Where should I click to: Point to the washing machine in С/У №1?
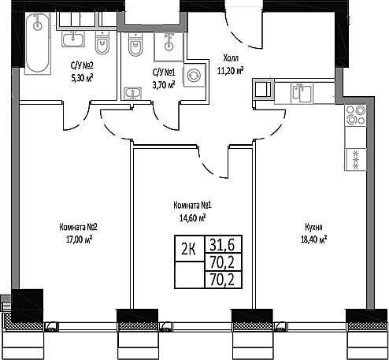point(193,76)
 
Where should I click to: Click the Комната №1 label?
point(191,206)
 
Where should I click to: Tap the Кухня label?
point(313,228)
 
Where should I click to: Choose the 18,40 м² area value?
point(313,239)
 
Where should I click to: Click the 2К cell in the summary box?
point(189,250)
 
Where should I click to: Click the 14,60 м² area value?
point(191,217)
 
